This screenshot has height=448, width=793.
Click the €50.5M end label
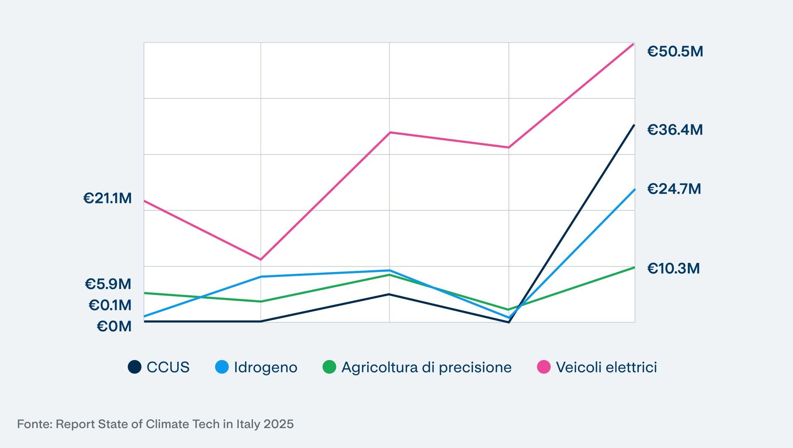[x=675, y=52]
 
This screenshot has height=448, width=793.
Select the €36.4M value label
[x=675, y=130]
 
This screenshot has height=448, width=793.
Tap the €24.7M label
[x=674, y=189]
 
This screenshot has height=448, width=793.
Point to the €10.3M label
[x=673, y=269]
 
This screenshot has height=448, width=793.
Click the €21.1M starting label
[x=107, y=198]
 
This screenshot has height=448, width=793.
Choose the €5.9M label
[x=108, y=284]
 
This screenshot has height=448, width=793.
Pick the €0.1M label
[x=110, y=305]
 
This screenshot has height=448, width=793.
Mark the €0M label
[x=114, y=326]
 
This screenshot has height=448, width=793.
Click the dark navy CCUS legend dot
[x=135, y=367]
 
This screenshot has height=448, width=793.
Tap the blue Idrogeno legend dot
[x=222, y=367]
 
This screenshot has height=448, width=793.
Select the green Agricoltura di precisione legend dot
[x=329, y=367]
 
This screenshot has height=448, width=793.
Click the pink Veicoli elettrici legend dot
[x=544, y=367]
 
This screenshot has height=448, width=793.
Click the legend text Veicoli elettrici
[x=606, y=367]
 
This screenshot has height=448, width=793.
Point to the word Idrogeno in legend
[x=266, y=367]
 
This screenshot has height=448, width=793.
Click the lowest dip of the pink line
[x=261, y=260]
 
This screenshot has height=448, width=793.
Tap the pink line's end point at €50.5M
[x=634, y=43]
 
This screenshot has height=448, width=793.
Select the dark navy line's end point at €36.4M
[x=634, y=125]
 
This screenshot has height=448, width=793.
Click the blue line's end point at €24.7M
[x=634, y=189]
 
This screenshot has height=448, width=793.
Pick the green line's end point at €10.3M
[x=634, y=267]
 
